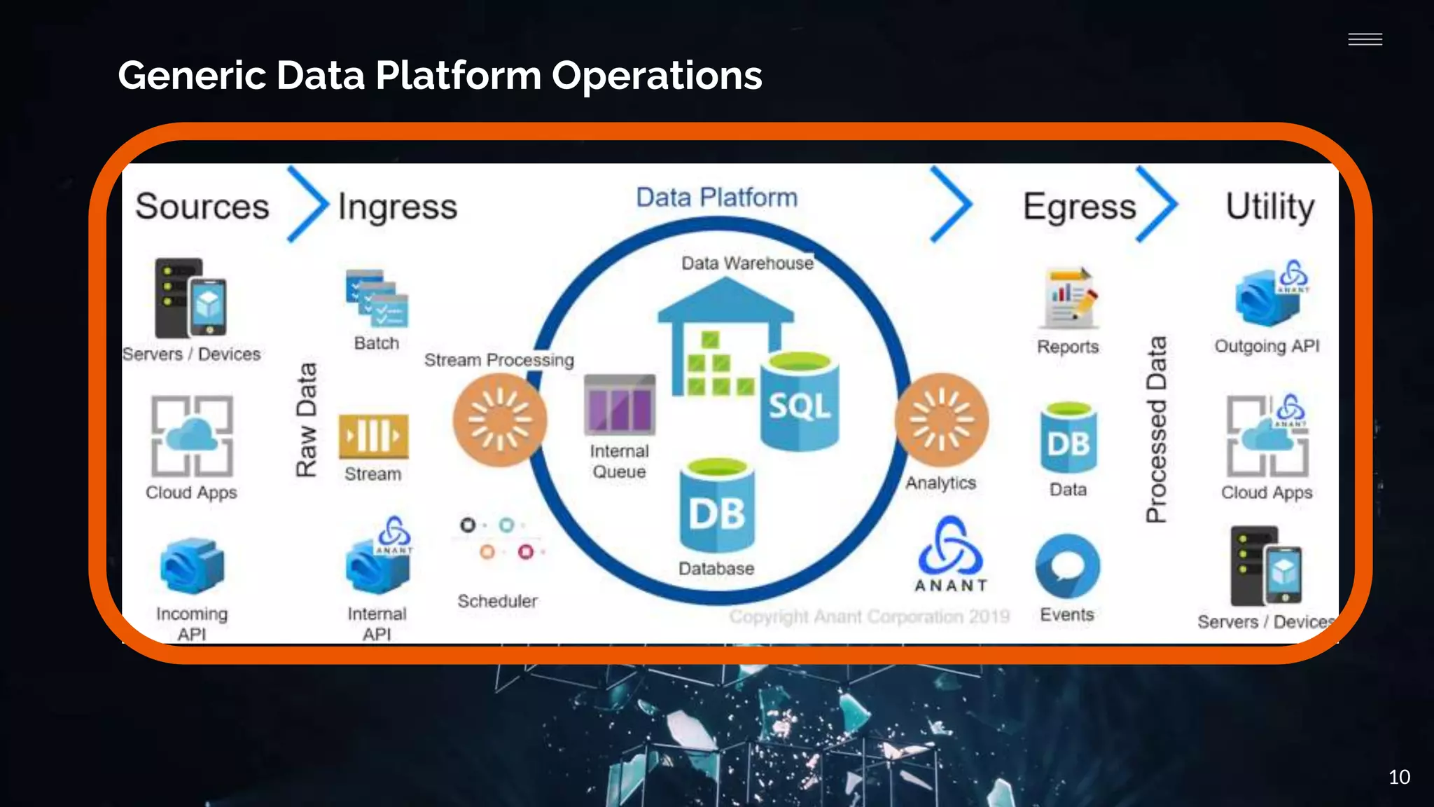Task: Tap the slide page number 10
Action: click(x=1399, y=777)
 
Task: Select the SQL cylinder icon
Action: click(x=800, y=402)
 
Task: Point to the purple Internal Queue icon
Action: click(x=620, y=406)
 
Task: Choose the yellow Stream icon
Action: click(x=373, y=436)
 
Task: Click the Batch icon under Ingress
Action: click(x=377, y=298)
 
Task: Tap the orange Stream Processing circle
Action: click(x=499, y=420)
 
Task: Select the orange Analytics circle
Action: click(x=942, y=420)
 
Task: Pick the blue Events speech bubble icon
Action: click(x=1068, y=567)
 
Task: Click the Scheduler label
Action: click(x=497, y=601)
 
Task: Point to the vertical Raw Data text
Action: click(x=307, y=420)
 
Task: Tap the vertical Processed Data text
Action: click(x=1157, y=429)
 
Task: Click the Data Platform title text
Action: click(x=716, y=198)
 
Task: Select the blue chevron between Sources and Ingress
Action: click(x=307, y=205)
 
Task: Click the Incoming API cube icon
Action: click(x=192, y=565)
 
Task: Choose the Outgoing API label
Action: click(x=1267, y=346)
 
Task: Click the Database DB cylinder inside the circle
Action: click(x=717, y=506)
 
